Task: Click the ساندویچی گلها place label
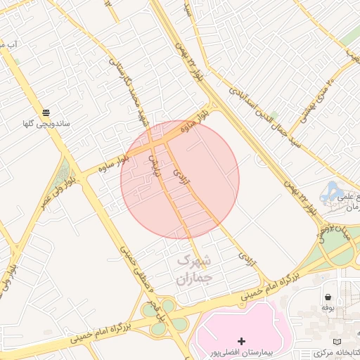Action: tap(46, 124)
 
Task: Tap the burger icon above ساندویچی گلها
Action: tap(46, 112)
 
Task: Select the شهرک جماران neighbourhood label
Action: tap(193, 269)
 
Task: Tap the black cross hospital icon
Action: tap(243, 340)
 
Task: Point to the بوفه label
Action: tap(327, 307)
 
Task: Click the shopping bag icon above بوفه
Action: tap(328, 295)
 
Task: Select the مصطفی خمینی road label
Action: tap(127, 264)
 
